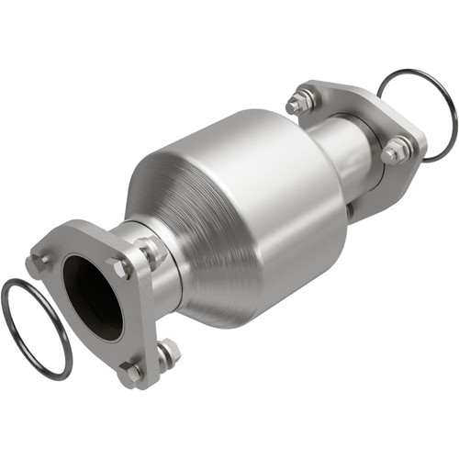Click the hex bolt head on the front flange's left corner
coord(39,263)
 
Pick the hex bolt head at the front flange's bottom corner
coord(131,373)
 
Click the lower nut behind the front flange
coord(168,353)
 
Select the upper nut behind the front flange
coord(149,248)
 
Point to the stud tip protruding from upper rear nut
coord(292,106)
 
